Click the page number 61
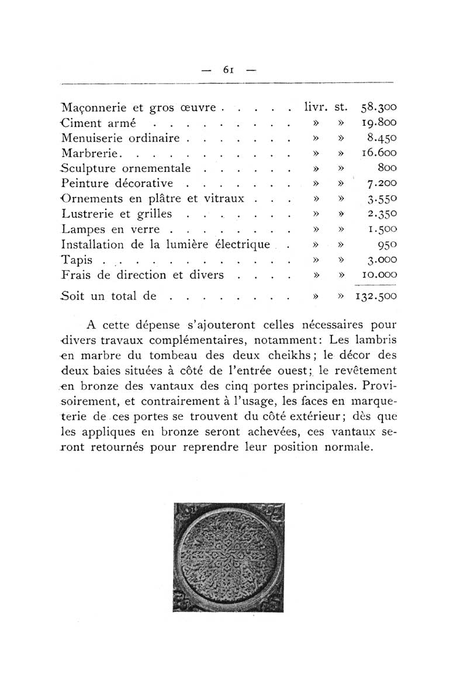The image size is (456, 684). click(229, 69)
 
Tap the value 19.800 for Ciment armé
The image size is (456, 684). click(379, 123)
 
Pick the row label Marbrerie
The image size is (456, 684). click(91, 154)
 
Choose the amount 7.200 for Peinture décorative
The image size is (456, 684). click(382, 184)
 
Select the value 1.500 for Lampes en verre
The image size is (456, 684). click(382, 230)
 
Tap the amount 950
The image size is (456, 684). click(387, 244)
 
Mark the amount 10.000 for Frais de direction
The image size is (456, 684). click(379, 275)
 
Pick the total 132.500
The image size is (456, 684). click(376, 296)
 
